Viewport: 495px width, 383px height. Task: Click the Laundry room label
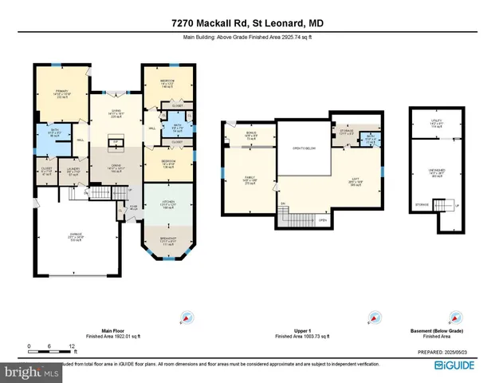[73, 171]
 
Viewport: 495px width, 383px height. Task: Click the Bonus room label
[252, 136]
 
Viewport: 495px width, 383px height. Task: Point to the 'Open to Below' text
[303, 149]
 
